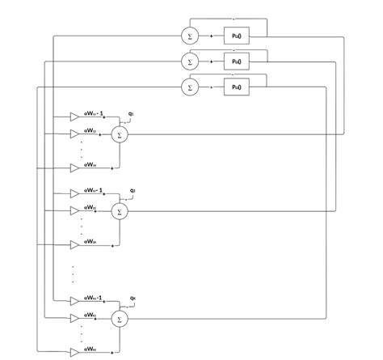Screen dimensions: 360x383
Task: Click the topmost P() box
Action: click(x=235, y=36)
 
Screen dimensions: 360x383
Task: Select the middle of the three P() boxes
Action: click(x=235, y=61)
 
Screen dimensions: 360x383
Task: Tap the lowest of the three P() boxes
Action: click(x=235, y=86)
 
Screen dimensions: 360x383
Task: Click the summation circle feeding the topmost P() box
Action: click(x=191, y=36)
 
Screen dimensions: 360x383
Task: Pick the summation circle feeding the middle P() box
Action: click(x=191, y=61)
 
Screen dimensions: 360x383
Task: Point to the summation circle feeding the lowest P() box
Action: click(x=191, y=86)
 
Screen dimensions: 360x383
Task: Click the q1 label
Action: click(x=132, y=115)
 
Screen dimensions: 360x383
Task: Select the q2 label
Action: click(x=132, y=191)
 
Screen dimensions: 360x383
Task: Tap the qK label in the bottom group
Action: click(x=133, y=299)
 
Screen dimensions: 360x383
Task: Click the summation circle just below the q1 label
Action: click(x=119, y=134)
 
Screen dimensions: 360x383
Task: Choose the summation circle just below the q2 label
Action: click(x=119, y=211)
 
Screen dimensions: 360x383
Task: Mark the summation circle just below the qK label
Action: click(x=119, y=319)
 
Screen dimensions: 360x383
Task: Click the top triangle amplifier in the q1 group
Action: click(x=75, y=116)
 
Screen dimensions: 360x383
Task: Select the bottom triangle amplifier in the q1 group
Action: click(x=75, y=167)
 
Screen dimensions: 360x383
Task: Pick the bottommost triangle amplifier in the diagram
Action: click(x=75, y=352)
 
